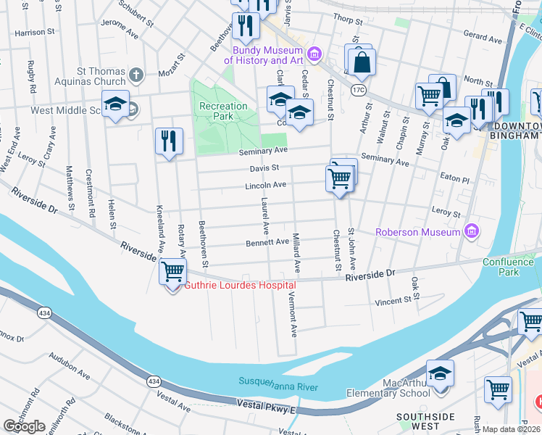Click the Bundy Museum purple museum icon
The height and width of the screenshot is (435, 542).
pyautogui.click(x=314, y=54)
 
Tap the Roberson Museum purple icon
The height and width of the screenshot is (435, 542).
pyautogui.click(x=472, y=232)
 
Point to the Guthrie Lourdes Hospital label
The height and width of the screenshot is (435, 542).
pyautogui.click(x=240, y=285)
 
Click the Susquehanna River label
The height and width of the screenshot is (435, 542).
pyautogui.click(x=279, y=384)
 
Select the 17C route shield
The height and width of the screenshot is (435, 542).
pyautogui.click(x=358, y=90)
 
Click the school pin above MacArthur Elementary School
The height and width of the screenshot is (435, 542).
pyautogui.click(x=440, y=373)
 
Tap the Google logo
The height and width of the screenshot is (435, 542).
pyautogui.click(x=24, y=426)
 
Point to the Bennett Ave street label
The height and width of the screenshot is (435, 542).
pyautogui.click(x=267, y=241)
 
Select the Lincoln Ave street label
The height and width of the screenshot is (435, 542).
pyautogui.click(x=264, y=186)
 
